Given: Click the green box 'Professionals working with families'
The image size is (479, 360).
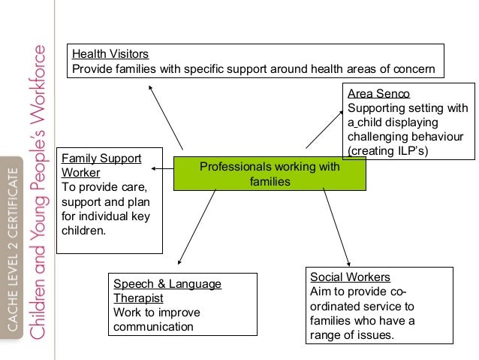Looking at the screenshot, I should tap(270, 174).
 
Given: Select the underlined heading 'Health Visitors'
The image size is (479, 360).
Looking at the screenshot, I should tap(110, 54).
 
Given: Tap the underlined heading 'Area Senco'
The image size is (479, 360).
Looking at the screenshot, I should tap(378, 94).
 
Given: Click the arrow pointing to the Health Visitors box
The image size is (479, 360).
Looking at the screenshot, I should tap(166, 116).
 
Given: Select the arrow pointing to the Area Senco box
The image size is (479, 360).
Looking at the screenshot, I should tap(325, 129).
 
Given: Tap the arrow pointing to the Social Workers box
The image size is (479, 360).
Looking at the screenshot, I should tap(336, 225).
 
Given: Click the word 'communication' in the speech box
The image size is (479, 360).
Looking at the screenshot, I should tap(152, 326).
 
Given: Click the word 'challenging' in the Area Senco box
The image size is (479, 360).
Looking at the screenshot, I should tap(378, 137).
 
